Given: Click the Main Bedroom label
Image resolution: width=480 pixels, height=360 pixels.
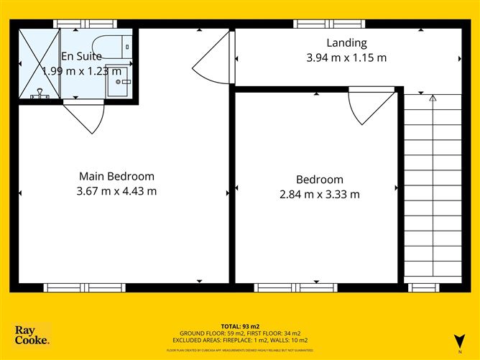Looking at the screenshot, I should coord(116,176).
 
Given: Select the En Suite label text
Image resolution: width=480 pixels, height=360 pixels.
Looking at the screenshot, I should coord(81,56).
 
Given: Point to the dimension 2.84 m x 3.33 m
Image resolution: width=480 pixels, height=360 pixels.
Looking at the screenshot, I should coord(319,194).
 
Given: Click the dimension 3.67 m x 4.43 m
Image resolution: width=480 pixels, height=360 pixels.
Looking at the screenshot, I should coord(116,191).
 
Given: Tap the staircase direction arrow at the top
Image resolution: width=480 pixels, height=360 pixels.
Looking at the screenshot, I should coord(433,98).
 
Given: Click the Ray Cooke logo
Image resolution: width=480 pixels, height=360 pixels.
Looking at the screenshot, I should coord(32,334).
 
